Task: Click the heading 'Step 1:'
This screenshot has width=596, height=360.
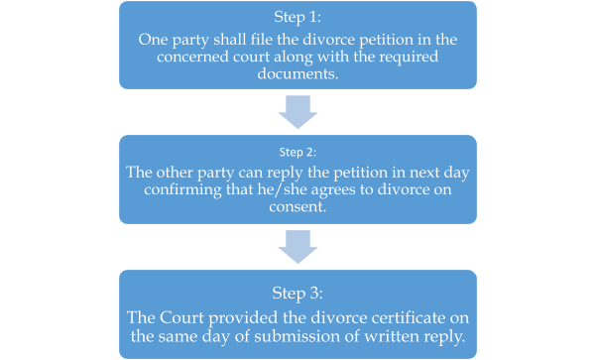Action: pos(298,18)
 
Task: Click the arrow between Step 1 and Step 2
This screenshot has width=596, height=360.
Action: pos(298,113)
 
